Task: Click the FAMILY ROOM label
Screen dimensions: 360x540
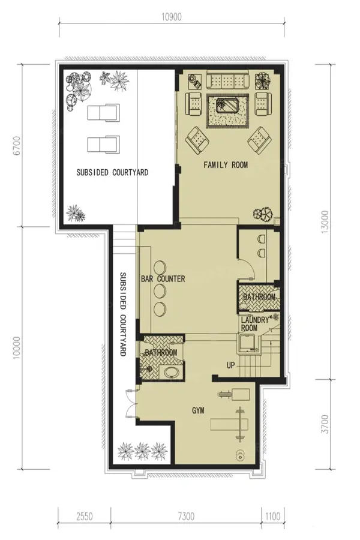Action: click(226, 164)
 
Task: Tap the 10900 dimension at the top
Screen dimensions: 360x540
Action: click(171, 17)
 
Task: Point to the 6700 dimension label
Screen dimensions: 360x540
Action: click(17, 146)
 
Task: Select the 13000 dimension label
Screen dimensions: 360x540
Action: click(325, 222)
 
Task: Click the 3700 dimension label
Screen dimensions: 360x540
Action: click(325, 424)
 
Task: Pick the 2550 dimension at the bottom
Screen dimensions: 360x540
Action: click(85, 516)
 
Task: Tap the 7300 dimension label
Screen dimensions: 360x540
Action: click(186, 516)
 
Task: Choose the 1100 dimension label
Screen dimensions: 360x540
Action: click(272, 516)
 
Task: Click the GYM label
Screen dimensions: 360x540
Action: click(198, 410)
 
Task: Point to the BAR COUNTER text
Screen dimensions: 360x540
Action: click(163, 278)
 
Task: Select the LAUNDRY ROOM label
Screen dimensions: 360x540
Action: click(254, 324)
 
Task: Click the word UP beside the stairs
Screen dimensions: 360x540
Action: click(230, 365)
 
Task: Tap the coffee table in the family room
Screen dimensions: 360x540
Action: click(227, 104)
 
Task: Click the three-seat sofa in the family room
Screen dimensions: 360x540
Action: click(227, 80)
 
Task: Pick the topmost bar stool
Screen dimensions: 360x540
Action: click(160, 267)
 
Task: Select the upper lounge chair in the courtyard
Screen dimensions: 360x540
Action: click(103, 113)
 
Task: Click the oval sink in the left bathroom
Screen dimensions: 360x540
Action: click(171, 373)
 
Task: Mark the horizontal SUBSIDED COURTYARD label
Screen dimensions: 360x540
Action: click(112, 172)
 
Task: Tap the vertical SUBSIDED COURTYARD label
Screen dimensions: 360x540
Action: click(122, 314)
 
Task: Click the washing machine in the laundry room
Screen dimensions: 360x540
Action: click(248, 343)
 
